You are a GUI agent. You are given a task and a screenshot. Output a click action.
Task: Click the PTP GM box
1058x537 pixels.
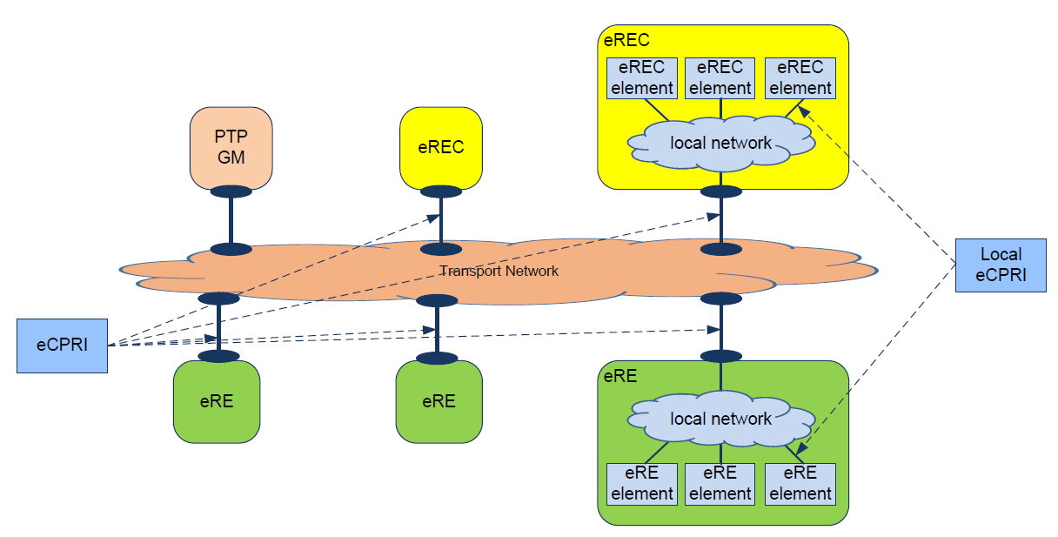coord(231,148)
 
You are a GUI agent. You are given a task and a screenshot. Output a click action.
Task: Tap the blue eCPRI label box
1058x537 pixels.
coord(62,346)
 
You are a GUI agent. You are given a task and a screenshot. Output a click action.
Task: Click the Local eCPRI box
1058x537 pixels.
coord(1000,265)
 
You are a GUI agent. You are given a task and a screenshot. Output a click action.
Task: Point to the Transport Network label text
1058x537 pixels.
coord(499,272)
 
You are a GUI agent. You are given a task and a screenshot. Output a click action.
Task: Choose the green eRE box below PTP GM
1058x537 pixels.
coord(218,401)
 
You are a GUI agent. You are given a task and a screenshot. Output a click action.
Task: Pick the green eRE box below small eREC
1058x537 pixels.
coord(439,401)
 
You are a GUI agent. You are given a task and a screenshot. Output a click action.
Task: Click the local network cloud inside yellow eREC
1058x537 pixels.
coord(720,143)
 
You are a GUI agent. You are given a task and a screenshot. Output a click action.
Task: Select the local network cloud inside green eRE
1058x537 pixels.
coord(720,419)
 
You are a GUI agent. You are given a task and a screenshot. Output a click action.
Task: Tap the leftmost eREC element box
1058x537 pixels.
coord(642,78)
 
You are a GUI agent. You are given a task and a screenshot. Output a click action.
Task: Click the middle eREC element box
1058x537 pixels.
coord(720,78)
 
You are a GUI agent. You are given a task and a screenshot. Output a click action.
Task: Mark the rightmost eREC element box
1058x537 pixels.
coord(800,78)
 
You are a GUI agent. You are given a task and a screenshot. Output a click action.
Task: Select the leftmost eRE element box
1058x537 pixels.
coord(642,484)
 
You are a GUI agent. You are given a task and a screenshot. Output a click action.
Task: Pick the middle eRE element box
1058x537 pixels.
coord(720,484)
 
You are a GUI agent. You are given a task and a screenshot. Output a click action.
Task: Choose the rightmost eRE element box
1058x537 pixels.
coord(800,484)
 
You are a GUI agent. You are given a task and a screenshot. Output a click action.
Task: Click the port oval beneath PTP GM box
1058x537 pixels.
coord(231,191)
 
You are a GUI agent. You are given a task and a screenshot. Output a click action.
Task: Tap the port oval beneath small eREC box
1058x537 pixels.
coord(440,191)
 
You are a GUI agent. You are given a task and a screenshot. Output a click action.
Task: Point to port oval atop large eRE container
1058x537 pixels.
coord(720,356)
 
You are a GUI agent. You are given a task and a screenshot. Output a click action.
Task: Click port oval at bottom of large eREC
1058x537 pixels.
coord(720,191)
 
